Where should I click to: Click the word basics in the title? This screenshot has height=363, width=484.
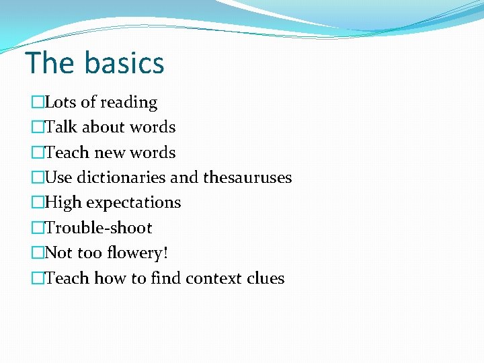click(124, 63)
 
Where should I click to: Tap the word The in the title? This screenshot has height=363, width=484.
click(50, 63)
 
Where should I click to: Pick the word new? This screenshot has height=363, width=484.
click(110, 153)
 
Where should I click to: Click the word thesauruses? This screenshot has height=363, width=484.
click(247, 177)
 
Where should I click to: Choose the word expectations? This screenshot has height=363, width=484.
click(133, 203)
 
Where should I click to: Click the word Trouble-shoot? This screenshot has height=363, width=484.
click(98, 228)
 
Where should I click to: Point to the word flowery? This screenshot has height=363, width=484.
click(140, 253)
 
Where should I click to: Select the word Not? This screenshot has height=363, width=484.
click(58, 253)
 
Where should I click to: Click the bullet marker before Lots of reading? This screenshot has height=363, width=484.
click(37, 103)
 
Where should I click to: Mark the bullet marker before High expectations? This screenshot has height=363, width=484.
click(37, 203)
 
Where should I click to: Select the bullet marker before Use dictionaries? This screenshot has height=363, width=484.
click(37, 178)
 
